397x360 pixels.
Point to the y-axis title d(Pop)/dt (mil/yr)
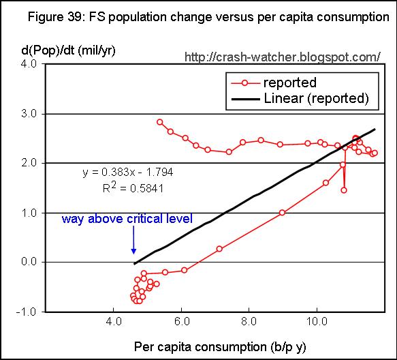68,50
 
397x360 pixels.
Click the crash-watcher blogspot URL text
283,57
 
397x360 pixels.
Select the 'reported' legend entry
274,82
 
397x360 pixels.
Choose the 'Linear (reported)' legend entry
300,98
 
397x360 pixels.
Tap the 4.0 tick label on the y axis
29,63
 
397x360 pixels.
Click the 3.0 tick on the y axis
29,114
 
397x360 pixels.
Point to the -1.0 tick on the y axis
27,312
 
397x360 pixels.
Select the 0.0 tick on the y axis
29,261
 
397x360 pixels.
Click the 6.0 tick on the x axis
182,321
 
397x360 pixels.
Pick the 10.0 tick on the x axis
317,321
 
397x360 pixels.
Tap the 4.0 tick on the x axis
114,321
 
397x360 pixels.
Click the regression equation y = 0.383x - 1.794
128,172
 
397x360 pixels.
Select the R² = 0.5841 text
133,188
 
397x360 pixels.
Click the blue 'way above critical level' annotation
127,219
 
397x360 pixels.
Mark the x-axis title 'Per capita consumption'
200,347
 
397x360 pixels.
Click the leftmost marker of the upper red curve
160,122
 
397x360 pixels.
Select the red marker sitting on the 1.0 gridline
282,213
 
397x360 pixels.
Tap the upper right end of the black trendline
375,130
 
